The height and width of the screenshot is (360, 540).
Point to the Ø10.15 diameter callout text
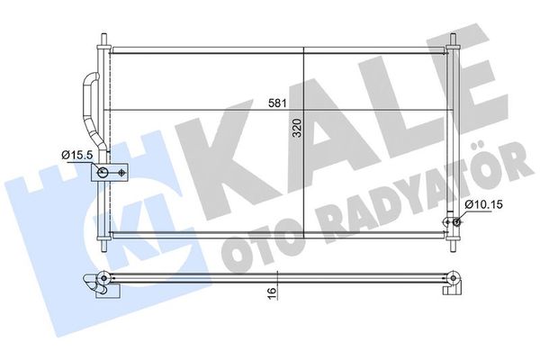(481, 205)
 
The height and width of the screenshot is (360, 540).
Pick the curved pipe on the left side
(86, 103)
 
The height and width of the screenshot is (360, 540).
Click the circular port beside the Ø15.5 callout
(105, 172)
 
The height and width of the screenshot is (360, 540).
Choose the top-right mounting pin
(453, 42)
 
